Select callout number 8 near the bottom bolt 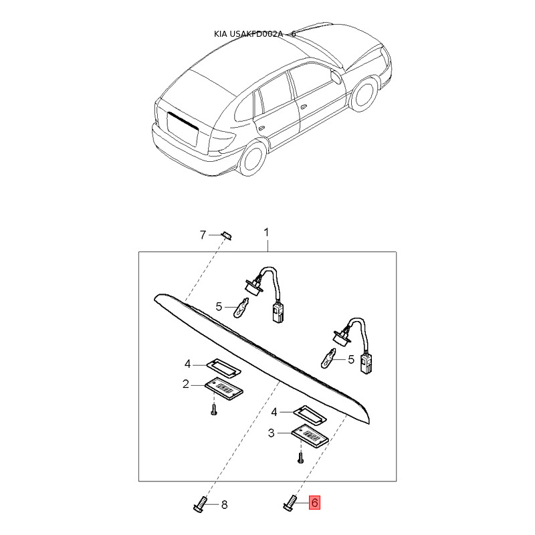pyautogui.click(x=224, y=504)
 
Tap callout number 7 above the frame pyautogui.click(x=203, y=234)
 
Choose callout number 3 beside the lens pyautogui.click(x=272, y=433)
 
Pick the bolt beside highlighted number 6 pyautogui.click(x=290, y=502)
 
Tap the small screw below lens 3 pyautogui.click(x=300, y=458)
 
